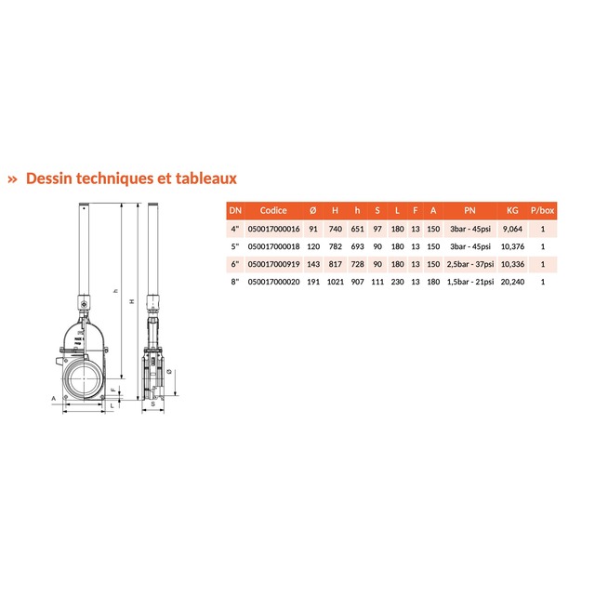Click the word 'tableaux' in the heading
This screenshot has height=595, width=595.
pyautogui.click(x=206, y=178)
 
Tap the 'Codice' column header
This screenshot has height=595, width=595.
pyautogui.click(x=273, y=211)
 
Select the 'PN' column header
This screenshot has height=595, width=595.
pyautogui.click(x=469, y=211)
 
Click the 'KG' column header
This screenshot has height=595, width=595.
pyautogui.click(x=512, y=211)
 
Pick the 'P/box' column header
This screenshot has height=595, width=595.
pyautogui.click(x=543, y=211)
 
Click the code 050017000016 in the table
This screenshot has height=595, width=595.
pyautogui.click(x=273, y=229)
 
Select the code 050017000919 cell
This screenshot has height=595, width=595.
pyautogui.click(x=273, y=264)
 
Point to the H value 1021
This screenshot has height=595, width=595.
pyautogui.click(x=335, y=282)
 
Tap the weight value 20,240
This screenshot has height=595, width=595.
pyautogui.click(x=512, y=282)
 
